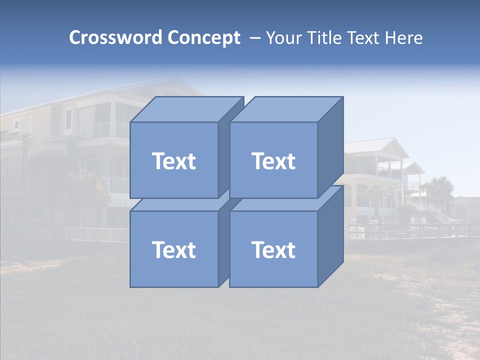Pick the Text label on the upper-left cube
(173, 161)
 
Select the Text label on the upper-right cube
(273, 161)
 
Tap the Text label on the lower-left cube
(173, 249)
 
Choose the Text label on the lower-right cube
(273, 249)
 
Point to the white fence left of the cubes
(97, 234)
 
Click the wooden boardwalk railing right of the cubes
(410, 230)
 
